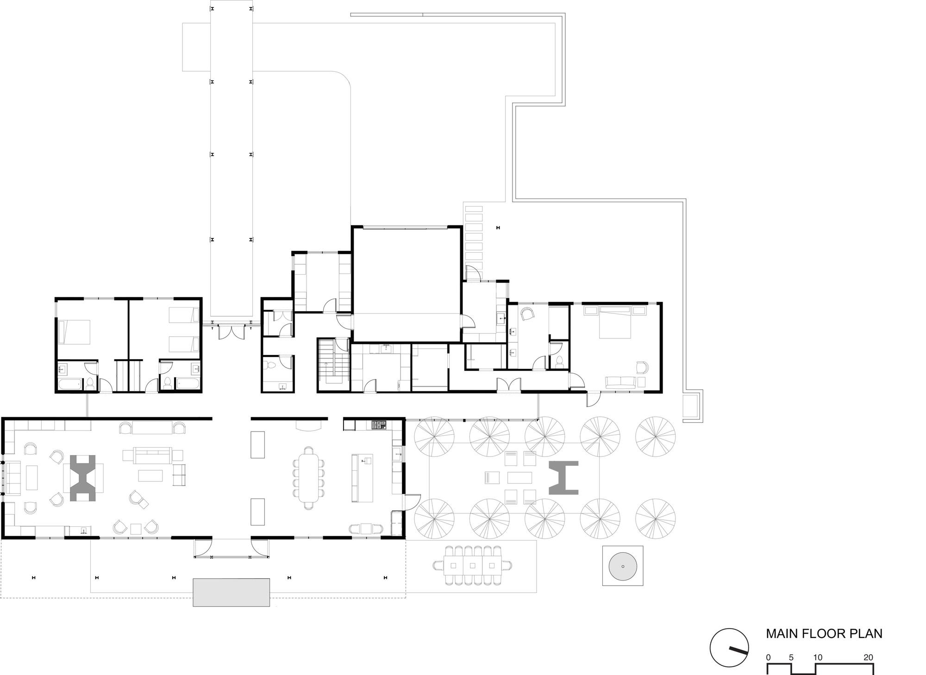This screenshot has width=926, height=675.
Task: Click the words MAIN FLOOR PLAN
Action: click(824, 633)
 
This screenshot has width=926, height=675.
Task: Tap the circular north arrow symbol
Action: click(729, 647)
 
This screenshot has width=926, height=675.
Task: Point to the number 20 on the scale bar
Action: click(868, 657)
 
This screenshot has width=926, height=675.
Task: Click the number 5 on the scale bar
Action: click(791, 657)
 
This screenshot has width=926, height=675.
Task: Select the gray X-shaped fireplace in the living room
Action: click(83, 478)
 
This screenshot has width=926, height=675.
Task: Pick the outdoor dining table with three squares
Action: click(473, 565)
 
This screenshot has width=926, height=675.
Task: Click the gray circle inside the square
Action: click(623, 566)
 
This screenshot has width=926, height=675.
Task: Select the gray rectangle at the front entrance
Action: click(231, 592)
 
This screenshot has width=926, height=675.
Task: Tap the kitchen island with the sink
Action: click(363, 478)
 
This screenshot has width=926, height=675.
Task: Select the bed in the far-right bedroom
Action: click(614, 326)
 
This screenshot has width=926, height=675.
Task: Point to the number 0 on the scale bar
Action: click(769, 657)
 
